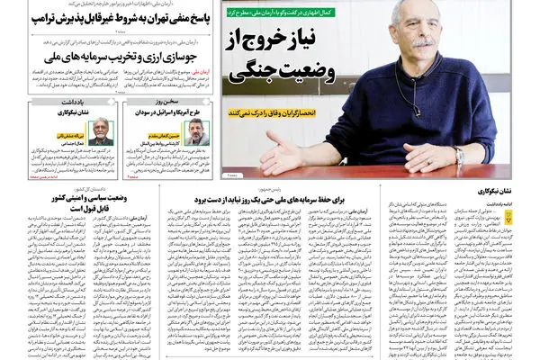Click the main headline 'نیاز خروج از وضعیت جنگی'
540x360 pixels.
coord(282,55)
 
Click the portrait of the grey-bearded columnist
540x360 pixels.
coord(102,132)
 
